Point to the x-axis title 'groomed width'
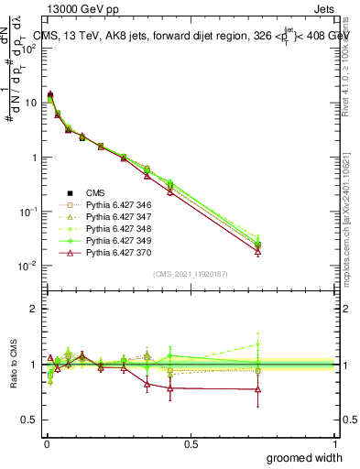(x=304, y=457)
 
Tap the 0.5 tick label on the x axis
(x=191, y=443)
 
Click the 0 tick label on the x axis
(x=47, y=443)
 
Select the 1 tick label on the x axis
(x=335, y=443)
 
